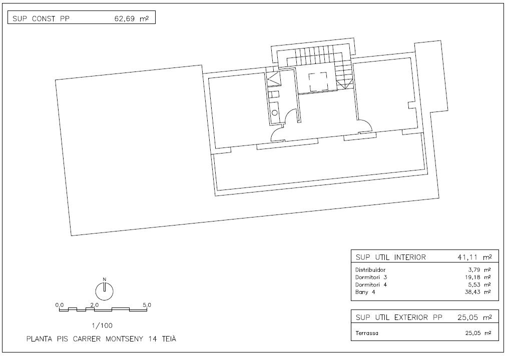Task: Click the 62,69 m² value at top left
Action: click(x=132, y=18)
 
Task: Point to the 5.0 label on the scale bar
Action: click(x=147, y=305)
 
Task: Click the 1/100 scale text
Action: click(x=102, y=325)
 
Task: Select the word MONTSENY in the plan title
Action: click(x=124, y=339)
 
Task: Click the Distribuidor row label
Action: click(x=370, y=269)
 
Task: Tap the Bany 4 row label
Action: click(x=365, y=292)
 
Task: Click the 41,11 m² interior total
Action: click(x=474, y=257)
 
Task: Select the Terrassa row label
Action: click(x=367, y=333)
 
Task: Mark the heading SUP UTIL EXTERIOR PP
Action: click(x=399, y=317)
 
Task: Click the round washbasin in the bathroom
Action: click(x=274, y=112)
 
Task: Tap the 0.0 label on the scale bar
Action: click(x=60, y=305)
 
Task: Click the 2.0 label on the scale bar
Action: click(x=95, y=305)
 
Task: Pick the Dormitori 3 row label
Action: click(x=371, y=277)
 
